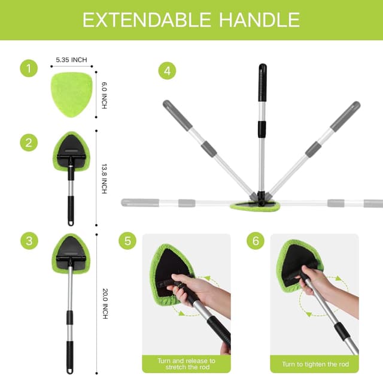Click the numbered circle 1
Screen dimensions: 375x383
pyautogui.click(x=28, y=69)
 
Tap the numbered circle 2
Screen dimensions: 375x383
pyautogui.click(x=28, y=143)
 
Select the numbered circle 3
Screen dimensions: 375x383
pyautogui.click(x=28, y=242)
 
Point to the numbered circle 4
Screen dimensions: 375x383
pyautogui.click(x=167, y=70)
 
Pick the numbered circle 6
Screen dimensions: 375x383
pyautogui.click(x=256, y=242)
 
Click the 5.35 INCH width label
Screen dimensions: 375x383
pyautogui.click(x=71, y=61)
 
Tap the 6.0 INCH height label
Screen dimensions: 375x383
pyautogui.click(x=104, y=95)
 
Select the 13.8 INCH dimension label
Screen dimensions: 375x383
pyautogui.click(x=104, y=178)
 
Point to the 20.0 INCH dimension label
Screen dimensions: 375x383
pyautogui.click(x=104, y=304)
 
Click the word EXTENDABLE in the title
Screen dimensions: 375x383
pyautogui.click(x=146, y=20)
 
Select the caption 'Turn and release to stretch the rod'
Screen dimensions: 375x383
pyautogui.click(x=186, y=364)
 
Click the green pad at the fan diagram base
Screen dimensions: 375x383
pyautogui.click(x=255, y=207)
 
